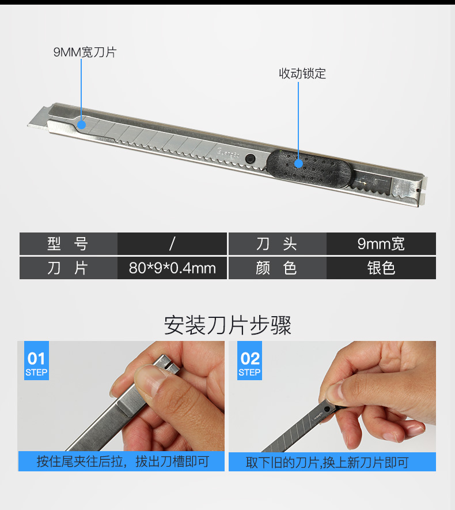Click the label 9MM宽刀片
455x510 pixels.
(85, 52)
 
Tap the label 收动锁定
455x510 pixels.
(302, 73)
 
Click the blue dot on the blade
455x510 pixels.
(81, 125)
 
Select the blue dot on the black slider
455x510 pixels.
(298, 163)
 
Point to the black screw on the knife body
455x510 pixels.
(250, 159)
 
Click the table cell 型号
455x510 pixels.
(68, 243)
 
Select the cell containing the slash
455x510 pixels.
(172, 243)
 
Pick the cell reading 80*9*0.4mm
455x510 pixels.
(172, 268)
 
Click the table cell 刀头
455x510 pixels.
(278, 243)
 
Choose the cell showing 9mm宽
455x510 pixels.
(381, 243)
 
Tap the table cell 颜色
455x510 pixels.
(278, 268)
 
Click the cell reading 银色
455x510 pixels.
(381, 268)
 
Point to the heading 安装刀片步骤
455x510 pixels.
(227, 325)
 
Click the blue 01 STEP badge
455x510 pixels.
(36, 361)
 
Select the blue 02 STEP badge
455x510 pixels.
(249, 361)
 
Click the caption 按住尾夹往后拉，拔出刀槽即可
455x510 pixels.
(123, 462)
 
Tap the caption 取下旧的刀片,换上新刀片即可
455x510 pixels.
(327, 462)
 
